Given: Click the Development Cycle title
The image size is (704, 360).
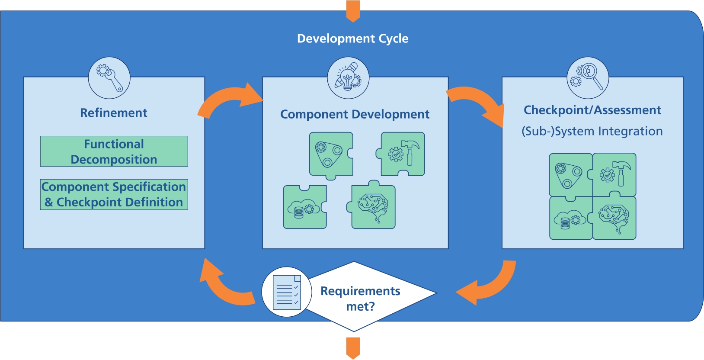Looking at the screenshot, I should point(352,39).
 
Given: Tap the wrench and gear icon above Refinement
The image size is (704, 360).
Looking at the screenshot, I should point(109,78).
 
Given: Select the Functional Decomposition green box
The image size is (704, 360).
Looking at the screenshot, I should point(114,151).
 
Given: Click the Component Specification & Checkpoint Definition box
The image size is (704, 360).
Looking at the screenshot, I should point(114,195).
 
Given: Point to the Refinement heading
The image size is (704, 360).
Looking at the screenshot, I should point(114,113).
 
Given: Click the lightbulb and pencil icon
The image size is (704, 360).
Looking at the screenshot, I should point(348,78).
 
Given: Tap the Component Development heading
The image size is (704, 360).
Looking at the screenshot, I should point(355,114).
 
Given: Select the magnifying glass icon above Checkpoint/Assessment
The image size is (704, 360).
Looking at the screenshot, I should point(588,78).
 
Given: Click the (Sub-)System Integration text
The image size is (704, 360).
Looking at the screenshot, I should point(592,131).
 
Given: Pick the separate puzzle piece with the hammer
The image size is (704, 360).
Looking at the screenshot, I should point(402,154).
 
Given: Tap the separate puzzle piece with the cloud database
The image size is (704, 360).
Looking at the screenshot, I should point(304,208).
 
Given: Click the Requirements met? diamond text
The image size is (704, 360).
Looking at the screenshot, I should point(360,298).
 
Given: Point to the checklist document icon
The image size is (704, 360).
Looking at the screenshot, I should point(287,292).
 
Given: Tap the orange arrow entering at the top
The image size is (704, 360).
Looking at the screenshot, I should point(353,11).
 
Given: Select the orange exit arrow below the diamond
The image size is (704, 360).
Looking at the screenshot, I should point(353,348).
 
